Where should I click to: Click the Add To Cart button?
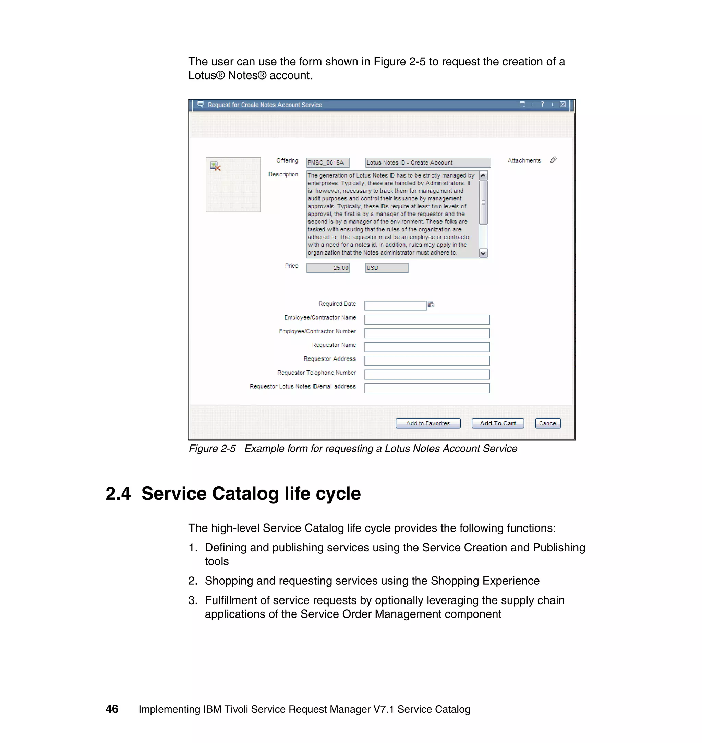tap(497, 423)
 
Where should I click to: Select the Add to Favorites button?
tap(428, 423)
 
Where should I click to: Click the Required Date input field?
tap(395, 306)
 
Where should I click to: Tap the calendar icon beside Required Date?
tap(431, 305)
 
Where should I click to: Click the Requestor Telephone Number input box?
tap(427, 375)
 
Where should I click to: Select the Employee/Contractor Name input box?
tap(427, 319)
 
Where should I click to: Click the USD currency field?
tap(387, 268)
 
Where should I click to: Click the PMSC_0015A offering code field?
tap(328, 163)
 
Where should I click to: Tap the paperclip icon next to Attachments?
tap(554, 160)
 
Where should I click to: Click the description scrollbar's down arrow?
tap(483, 253)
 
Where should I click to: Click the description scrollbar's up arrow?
tap(483, 175)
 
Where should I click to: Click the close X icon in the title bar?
tap(562, 105)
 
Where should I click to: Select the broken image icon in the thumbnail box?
tap(216, 166)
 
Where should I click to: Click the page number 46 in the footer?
tap(112, 709)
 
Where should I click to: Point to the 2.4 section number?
tap(118, 494)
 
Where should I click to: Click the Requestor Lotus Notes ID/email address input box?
tap(427, 388)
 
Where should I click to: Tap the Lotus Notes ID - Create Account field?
tap(428, 163)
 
